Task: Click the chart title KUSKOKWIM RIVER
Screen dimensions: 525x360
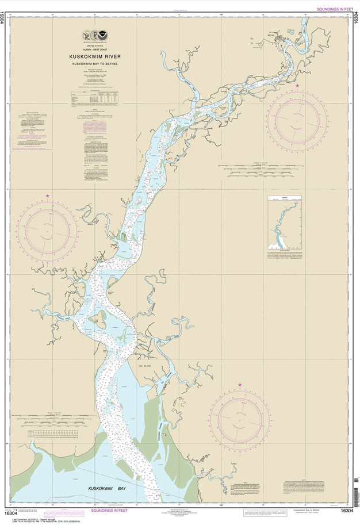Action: coord(95,56)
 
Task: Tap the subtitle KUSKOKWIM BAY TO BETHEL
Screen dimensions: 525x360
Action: coord(95,63)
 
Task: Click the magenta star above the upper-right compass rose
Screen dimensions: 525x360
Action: coord(297,86)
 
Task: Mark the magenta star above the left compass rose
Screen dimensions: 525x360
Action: coord(48,196)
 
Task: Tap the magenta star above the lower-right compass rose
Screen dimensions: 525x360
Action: coord(240,385)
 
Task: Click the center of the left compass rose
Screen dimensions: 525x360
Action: coord(48,231)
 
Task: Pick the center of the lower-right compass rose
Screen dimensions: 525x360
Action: coord(240,420)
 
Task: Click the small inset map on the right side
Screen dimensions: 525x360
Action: coord(285,224)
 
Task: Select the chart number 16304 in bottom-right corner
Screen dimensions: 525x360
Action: coord(347,511)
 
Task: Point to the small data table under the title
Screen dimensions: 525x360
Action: coord(95,98)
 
